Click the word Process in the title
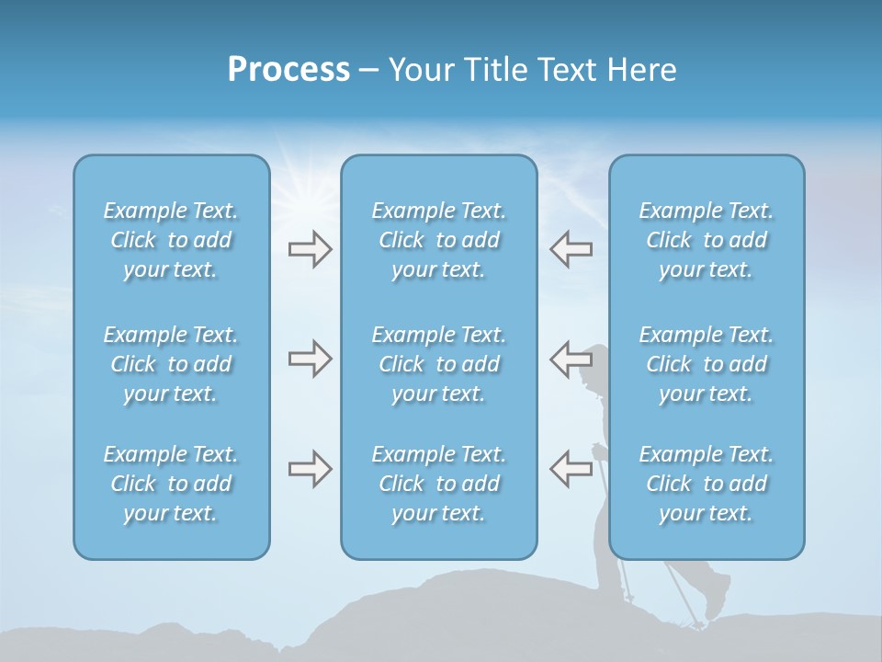coord(288,70)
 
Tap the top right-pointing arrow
coord(310,248)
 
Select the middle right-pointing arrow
coord(310,359)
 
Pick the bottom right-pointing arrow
coord(310,469)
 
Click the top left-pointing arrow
coord(571,248)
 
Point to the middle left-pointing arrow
coord(571,359)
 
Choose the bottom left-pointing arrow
coord(571,469)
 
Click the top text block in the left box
coord(171,240)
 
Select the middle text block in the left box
coord(171,364)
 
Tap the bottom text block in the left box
coord(171,484)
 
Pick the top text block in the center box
coord(438,240)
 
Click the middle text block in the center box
coord(438,364)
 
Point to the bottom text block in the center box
coord(438,484)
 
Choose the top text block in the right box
coord(706,240)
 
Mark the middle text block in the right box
coord(706,364)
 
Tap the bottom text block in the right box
coord(706,484)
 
